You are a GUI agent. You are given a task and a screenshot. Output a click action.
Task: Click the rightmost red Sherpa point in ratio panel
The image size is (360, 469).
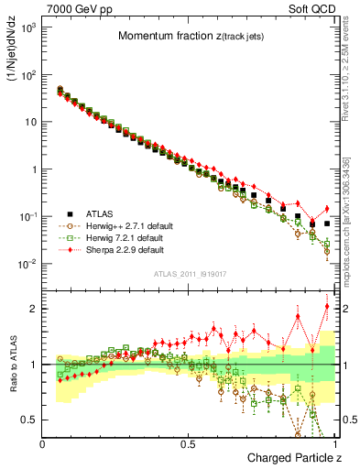[327, 306]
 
